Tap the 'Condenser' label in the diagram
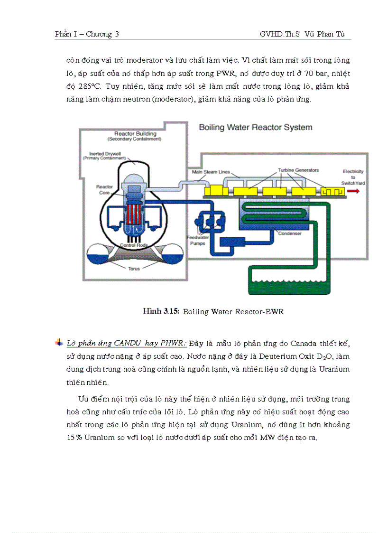click(289, 234)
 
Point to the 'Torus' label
click(134, 268)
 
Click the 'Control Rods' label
click(133, 245)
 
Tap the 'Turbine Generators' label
click(298, 170)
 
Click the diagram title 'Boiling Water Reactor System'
click(255, 127)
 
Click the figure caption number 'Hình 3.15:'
click(161, 311)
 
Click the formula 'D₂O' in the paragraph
click(323, 356)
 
